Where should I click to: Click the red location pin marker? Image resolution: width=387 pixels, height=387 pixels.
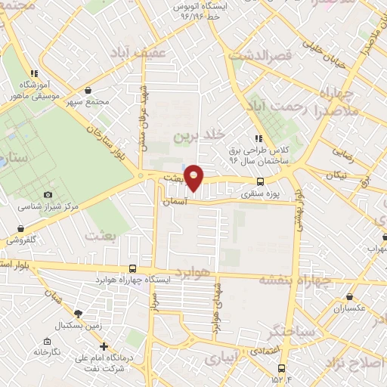tap(194, 178)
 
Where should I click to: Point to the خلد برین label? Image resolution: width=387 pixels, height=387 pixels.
tap(199, 135)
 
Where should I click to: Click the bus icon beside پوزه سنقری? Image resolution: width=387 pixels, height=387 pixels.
tap(261, 181)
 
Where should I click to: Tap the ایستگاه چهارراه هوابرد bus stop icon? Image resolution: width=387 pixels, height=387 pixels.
tap(133, 268)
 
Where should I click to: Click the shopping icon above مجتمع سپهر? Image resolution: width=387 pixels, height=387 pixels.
tap(88, 90)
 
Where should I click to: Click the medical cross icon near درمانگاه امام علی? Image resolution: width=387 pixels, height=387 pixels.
tap(104, 345)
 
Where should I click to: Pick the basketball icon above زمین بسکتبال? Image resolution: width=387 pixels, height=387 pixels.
tap(79, 312)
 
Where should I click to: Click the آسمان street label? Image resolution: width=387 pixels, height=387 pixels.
tap(173, 203)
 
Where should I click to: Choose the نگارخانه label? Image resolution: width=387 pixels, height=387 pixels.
tap(45, 351)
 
